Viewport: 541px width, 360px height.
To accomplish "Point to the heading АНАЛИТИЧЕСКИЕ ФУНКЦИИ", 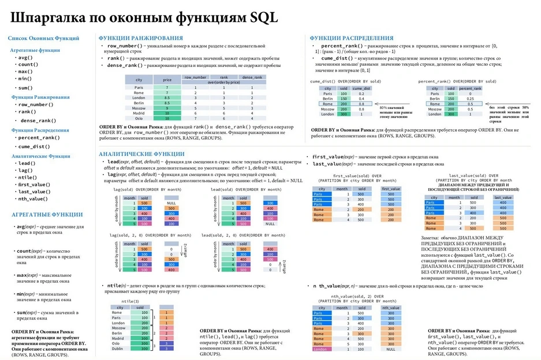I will [x=141, y=154].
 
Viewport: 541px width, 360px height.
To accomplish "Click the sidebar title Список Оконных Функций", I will [x=44, y=38].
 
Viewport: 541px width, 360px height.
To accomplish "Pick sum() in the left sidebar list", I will [x=25, y=88].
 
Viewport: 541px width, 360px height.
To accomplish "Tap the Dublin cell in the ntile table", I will [x=117, y=348].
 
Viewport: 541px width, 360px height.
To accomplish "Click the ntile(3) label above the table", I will [x=130, y=301].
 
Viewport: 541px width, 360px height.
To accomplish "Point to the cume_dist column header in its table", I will [x=361, y=88].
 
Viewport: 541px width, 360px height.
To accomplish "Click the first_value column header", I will [x=391, y=189].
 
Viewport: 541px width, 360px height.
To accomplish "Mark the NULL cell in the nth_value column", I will [x=391, y=349].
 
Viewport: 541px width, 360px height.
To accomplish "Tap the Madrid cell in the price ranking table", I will [x=139, y=114].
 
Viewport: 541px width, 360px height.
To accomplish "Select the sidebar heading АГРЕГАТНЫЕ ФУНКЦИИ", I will [x=47, y=215].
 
